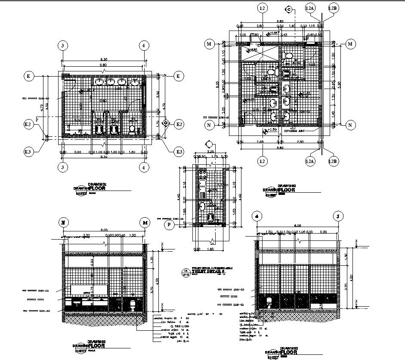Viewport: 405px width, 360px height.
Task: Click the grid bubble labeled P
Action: coord(170,224)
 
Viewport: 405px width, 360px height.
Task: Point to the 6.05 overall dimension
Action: coord(105,231)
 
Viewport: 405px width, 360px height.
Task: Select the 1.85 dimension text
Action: coord(210,249)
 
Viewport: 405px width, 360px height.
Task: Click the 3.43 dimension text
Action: coord(284,35)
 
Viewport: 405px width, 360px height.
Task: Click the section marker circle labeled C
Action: coord(289,10)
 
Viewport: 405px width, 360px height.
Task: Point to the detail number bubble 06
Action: coord(185,271)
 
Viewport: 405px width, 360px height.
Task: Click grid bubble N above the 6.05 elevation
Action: coord(63,222)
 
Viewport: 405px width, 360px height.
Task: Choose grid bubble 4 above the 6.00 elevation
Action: coord(257,216)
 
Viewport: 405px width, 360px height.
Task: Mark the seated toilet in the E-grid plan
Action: coord(132,129)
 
